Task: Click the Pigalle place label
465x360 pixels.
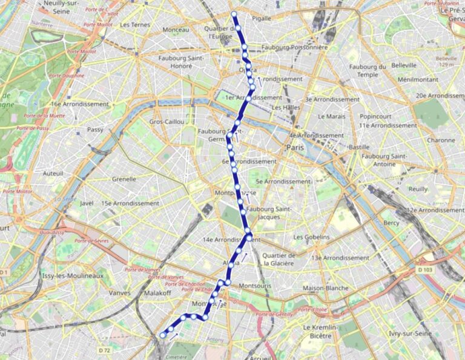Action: coord(262,19)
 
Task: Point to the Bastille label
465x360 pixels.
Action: coord(359,147)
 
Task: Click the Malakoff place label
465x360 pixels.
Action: coord(152,293)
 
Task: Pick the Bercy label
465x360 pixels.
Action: coord(391,223)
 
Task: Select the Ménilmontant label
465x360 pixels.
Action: coord(418,79)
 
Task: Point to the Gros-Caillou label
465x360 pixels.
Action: coord(167,122)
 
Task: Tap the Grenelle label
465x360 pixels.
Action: coord(124,179)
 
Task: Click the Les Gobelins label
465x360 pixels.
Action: coord(311,237)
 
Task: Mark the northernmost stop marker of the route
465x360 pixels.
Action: coord(234,13)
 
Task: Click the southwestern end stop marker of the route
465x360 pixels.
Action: coord(162,335)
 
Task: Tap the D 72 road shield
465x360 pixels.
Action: coord(104,350)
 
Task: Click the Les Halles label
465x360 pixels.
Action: coord(286,108)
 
